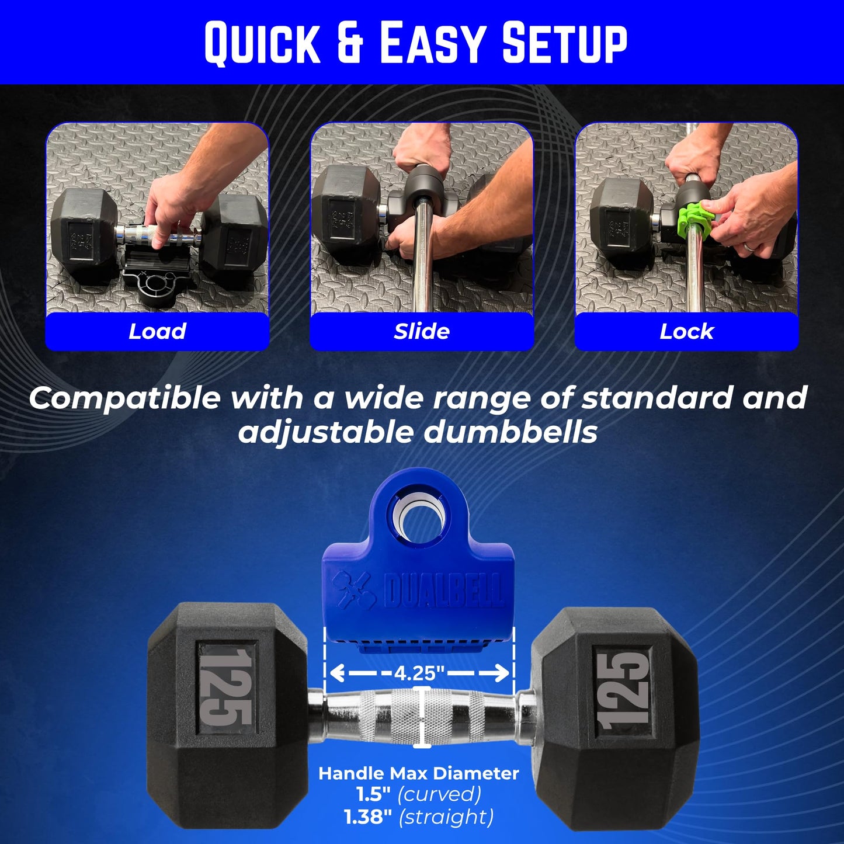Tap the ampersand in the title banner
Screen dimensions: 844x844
tap(350, 43)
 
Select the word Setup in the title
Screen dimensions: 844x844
tap(564, 43)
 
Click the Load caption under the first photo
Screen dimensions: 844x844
tap(157, 331)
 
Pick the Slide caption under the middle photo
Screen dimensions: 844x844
tap(421, 331)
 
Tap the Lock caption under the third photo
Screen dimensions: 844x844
tap(686, 332)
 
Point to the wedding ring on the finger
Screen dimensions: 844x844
tap(750, 246)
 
